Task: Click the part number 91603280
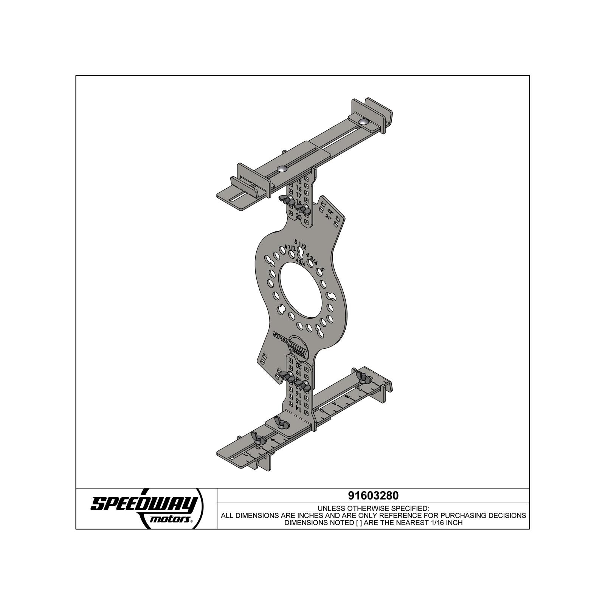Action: coord(373,495)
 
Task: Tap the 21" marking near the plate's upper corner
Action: coord(328,217)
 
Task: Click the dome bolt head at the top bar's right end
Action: coord(364,122)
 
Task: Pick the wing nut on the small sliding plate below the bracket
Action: coord(281,423)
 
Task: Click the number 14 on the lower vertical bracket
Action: coord(298,410)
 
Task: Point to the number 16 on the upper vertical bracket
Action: coord(299,188)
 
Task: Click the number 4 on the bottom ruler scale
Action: coord(334,405)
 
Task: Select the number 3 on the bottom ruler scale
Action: coord(346,397)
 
